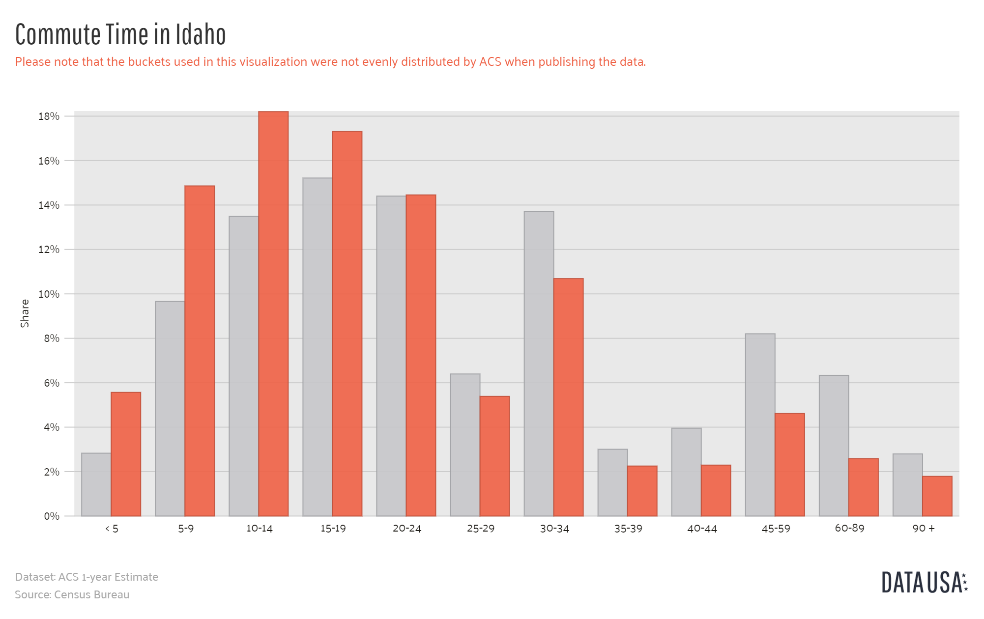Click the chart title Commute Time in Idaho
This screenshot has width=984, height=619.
tap(120, 34)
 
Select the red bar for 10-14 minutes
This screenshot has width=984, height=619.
tap(273, 314)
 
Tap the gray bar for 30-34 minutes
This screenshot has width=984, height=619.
tap(539, 364)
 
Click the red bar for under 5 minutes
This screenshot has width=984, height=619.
tap(126, 454)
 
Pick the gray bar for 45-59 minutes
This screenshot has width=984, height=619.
tap(760, 425)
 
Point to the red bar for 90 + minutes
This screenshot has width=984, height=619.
tap(937, 496)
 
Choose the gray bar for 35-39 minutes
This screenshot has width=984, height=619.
tap(612, 482)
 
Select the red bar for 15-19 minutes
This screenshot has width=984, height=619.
tap(347, 324)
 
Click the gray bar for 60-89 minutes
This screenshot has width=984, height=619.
tap(834, 446)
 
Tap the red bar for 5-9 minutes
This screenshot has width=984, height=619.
tap(200, 351)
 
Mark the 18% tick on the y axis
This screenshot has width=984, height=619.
tap(49, 116)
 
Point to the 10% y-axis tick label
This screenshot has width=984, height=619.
tap(49, 294)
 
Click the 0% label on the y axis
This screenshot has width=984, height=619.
tap(51, 516)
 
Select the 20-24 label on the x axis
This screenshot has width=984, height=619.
tap(407, 529)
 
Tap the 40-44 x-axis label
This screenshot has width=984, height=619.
tap(702, 529)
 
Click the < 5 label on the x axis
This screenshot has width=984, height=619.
tap(112, 529)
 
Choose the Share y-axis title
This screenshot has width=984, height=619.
tap(25, 313)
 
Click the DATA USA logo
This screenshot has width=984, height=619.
tap(924, 582)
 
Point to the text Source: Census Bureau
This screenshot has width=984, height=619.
tap(72, 595)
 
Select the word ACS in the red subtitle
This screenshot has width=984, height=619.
tap(490, 62)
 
